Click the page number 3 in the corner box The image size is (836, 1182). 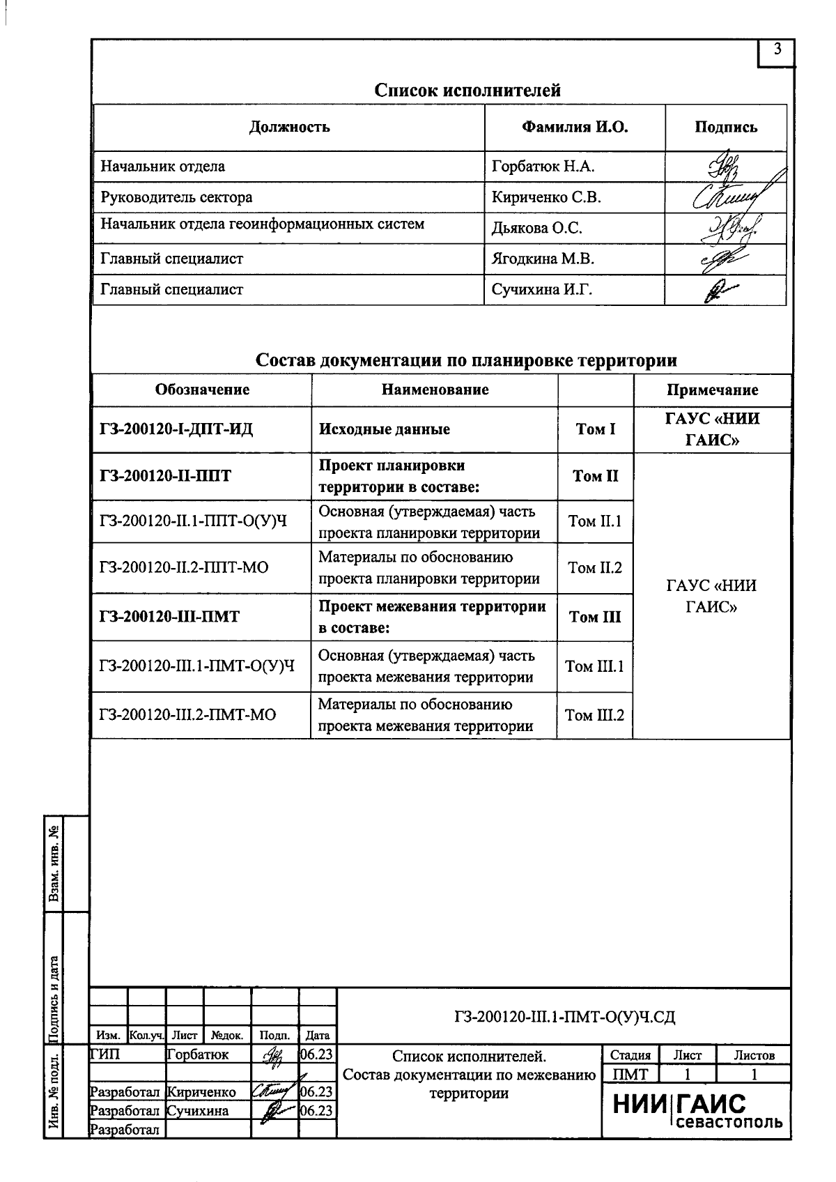click(777, 50)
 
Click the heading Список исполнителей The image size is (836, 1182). click(467, 90)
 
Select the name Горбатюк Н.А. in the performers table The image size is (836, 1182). click(543, 167)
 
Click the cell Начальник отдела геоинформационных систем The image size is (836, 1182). click(263, 224)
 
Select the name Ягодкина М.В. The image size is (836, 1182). click(543, 259)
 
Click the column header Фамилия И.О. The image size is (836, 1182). click(574, 128)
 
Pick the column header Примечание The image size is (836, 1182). click(712, 390)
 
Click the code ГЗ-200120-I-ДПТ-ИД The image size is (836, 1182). click(176, 429)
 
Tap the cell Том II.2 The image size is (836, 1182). click(595, 568)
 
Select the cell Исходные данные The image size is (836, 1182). click(384, 429)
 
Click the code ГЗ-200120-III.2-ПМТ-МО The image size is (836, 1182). click(187, 715)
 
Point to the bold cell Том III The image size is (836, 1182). click(595, 617)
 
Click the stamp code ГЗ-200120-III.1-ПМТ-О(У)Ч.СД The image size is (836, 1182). click(564, 1018)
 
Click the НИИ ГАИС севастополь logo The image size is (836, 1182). click(697, 1110)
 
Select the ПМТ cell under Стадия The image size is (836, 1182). click(630, 1074)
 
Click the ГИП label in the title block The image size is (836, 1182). click(105, 1055)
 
